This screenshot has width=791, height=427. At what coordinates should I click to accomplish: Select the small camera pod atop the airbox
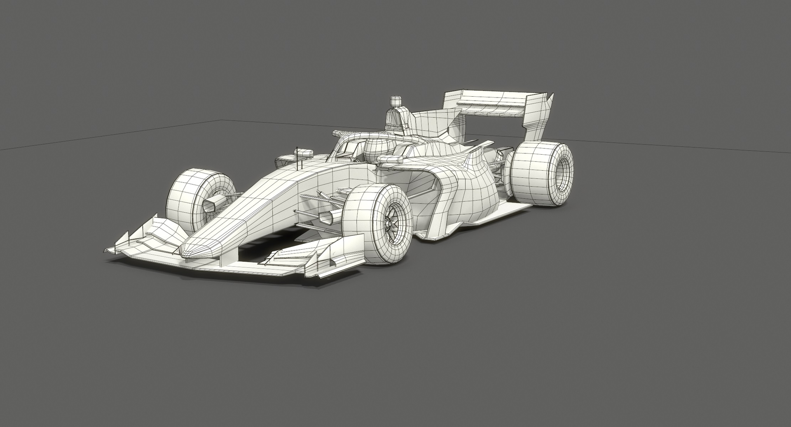(395, 100)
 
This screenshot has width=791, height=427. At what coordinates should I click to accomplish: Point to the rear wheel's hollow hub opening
(565, 169)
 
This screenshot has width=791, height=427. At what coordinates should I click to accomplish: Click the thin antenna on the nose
(297, 159)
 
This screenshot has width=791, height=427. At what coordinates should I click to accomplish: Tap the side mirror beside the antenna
(305, 153)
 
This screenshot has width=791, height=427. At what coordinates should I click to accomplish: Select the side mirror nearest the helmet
(390, 159)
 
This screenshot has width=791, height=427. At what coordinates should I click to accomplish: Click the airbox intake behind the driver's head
(394, 117)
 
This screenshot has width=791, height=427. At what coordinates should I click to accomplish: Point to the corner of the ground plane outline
(222, 120)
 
